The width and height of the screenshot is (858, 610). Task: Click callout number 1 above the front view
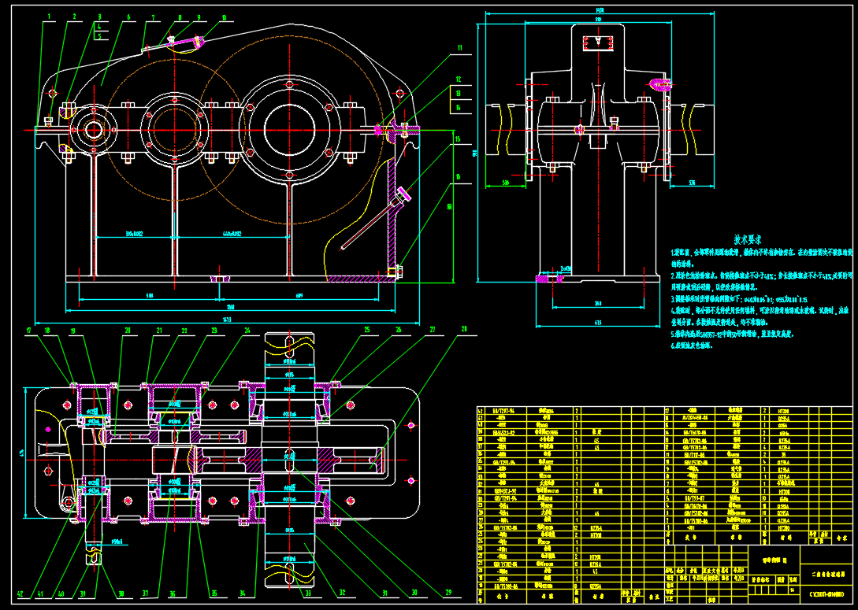coord(49,16)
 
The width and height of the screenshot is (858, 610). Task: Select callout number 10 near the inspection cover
coord(224,16)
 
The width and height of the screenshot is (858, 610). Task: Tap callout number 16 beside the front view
coord(458,178)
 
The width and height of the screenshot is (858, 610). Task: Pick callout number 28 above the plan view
coord(463,328)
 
